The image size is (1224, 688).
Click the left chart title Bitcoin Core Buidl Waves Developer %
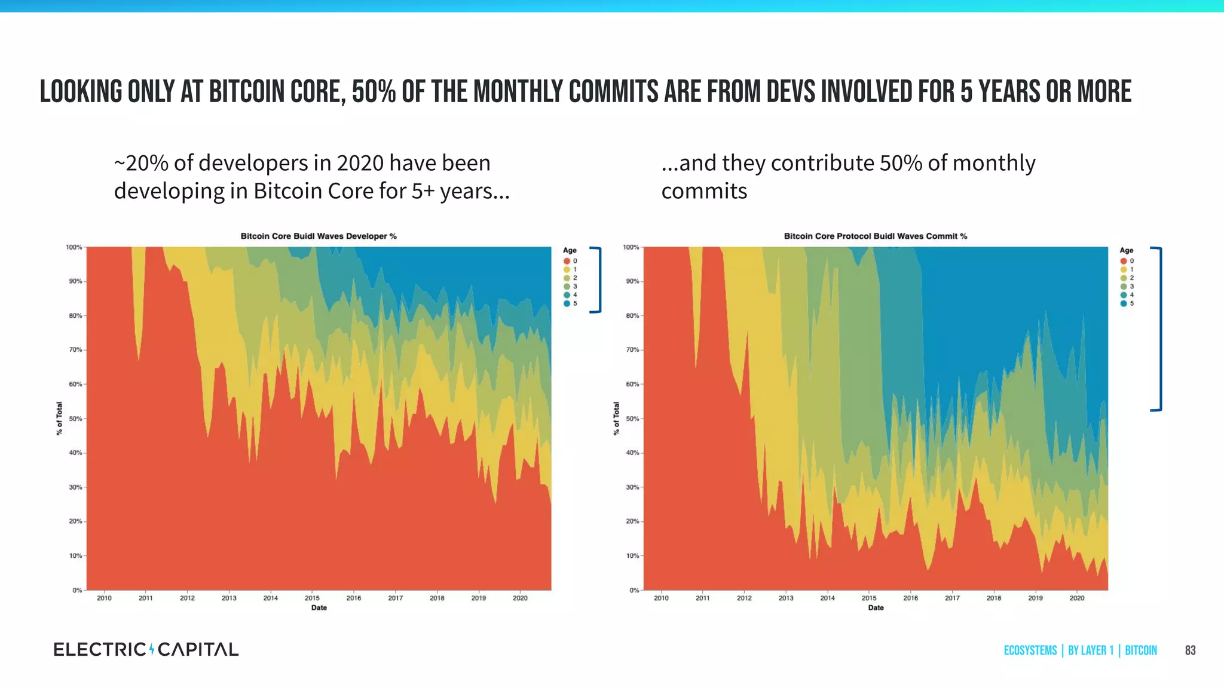[319, 236]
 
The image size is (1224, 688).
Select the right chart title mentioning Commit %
[875, 236]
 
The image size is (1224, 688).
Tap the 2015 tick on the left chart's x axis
[312, 598]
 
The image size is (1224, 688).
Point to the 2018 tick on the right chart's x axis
[994, 598]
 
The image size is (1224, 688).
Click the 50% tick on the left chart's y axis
[75, 419]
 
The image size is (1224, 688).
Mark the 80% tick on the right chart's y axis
[632, 315]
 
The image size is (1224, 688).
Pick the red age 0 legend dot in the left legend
[567, 261]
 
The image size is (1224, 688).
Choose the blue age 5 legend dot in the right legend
[1124, 303]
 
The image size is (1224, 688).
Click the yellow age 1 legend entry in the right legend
[1127, 269]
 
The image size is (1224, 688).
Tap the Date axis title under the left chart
[319, 608]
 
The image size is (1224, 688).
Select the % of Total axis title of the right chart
[616, 418]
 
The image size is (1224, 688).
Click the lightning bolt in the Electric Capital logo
[152, 649]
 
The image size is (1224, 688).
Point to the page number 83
[1190, 650]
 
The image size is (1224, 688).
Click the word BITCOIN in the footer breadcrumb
[1140, 650]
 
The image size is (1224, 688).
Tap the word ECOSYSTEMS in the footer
[1030, 650]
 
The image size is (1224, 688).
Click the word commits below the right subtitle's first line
[704, 191]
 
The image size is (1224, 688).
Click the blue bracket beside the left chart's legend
[598, 279]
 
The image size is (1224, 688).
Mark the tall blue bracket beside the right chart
[1159, 328]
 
